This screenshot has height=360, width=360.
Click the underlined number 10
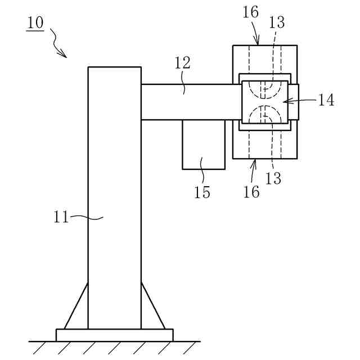pos(35,24)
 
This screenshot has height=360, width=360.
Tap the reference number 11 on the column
pos(61,217)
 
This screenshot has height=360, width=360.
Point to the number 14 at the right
pos(326,100)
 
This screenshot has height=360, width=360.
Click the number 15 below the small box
pos(202,192)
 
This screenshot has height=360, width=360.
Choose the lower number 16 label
pos(251,192)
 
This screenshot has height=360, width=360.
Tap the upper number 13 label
pos(277,22)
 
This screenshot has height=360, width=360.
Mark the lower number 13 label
pos(273,179)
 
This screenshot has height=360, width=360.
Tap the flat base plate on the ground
pos(114,335)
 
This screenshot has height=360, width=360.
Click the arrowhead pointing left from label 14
pos(285,101)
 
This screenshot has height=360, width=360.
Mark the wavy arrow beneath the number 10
pos(58,44)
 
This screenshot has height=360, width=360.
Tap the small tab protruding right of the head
pos(294,102)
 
